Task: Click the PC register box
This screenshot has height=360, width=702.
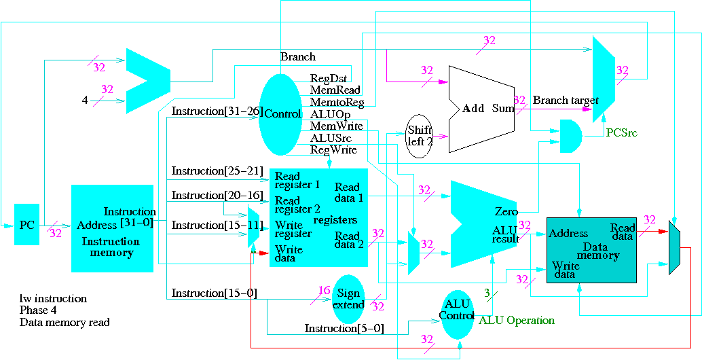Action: tap(26, 224)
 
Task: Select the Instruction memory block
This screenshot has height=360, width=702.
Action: tap(112, 228)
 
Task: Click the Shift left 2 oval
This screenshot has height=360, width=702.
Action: tap(420, 136)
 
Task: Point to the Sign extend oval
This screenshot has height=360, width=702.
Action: tap(348, 298)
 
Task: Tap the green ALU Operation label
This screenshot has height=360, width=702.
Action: tap(517, 320)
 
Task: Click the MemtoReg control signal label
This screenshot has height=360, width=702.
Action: tap(337, 103)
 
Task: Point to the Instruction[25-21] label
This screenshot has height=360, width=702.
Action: tap(217, 170)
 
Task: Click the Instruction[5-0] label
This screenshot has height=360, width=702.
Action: tap(344, 329)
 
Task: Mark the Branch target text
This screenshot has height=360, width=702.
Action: tap(565, 101)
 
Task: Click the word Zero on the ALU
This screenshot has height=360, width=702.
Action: tap(506, 212)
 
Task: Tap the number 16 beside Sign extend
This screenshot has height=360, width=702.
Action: tap(324, 291)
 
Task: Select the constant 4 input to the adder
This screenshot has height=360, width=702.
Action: tap(85, 100)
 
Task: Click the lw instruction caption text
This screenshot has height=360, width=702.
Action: tap(53, 298)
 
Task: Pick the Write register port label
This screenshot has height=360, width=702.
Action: tap(293, 229)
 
